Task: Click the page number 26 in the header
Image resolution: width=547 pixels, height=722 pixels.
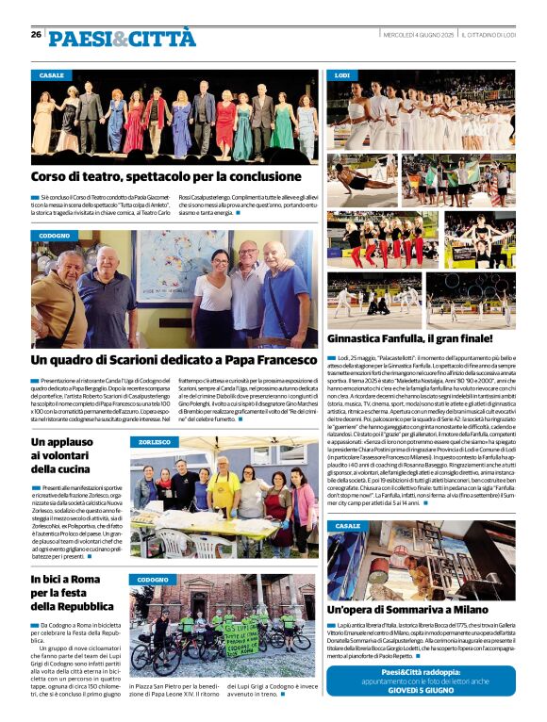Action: tap(36, 34)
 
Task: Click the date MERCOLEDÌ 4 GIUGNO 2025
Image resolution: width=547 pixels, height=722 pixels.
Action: tap(419, 34)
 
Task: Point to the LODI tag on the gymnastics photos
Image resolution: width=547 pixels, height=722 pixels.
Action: tap(341, 74)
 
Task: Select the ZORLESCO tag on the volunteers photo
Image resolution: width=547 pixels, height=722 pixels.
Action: tap(154, 441)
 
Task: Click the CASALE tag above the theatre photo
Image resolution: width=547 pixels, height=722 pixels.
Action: tap(52, 74)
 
